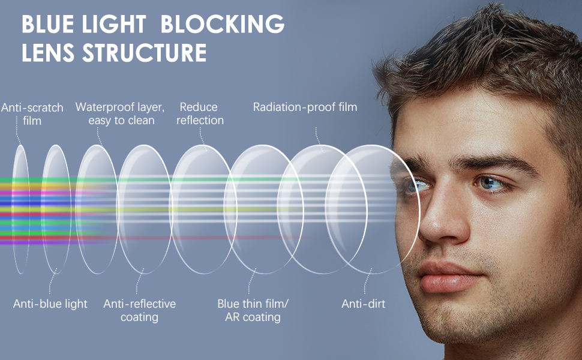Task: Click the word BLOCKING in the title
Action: (x=223, y=25)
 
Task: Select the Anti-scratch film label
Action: (x=32, y=114)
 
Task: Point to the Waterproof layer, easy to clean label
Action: (x=120, y=114)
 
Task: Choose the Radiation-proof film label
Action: (x=305, y=107)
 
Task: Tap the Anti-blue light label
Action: (x=50, y=304)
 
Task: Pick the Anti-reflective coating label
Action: (x=140, y=310)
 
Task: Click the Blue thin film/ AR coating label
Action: (x=253, y=310)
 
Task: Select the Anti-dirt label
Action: (x=363, y=304)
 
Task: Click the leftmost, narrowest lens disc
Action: (x=20, y=209)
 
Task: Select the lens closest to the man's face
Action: (x=372, y=209)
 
